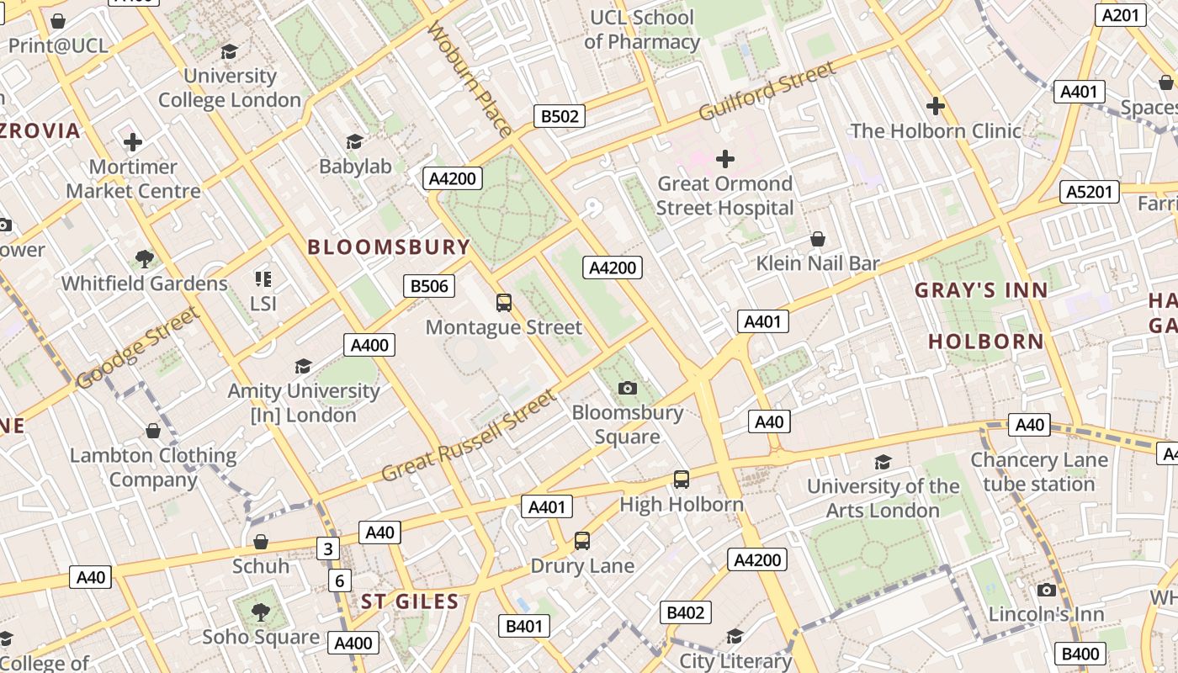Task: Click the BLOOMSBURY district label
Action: pyautogui.click(x=389, y=246)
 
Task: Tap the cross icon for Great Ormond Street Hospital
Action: pyautogui.click(x=724, y=158)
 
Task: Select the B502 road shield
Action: pyautogui.click(x=560, y=116)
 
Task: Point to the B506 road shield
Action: pyautogui.click(x=429, y=286)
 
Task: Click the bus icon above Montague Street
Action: pyautogui.click(x=504, y=303)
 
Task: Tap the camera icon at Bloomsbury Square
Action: pyautogui.click(x=627, y=388)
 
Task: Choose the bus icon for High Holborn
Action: pyautogui.click(x=682, y=480)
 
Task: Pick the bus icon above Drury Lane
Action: pyautogui.click(x=582, y=541)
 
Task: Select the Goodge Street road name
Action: pyautogui.click(x=137, y=348)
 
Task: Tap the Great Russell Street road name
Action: pyautogui.click(x=470, y=436)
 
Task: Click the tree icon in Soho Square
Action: pyautogui.click(x=260, y=612)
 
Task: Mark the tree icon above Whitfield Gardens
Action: pyautogui.click(x=144, y=258)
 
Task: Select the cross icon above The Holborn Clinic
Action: pyautogui.click(x=935, y=106)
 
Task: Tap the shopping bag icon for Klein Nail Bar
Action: pyautogui.click(x=817, y=240)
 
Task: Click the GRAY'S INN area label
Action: pyautogui.click(x=981, y=291)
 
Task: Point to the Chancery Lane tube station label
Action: pyautogui.click(x=1039, y=472)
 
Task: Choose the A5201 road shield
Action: pyautogui.click(x=1089, y=192)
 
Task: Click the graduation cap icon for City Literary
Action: pyautogui.click(x=735, y=636)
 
